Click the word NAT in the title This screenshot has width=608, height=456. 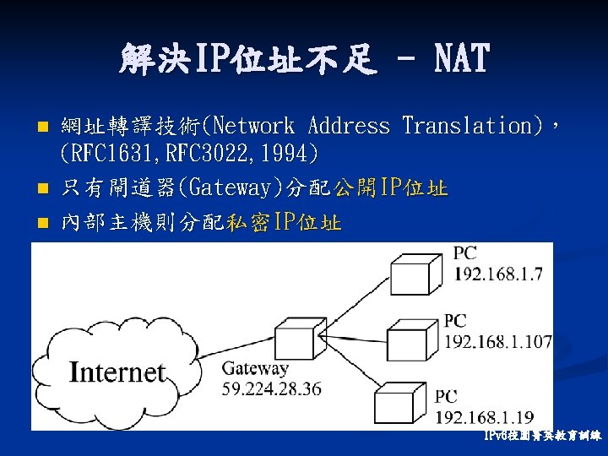point(461,58)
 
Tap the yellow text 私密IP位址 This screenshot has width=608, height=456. point(284,223)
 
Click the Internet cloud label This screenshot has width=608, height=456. point(117,371)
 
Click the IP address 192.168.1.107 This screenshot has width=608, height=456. point(497,342)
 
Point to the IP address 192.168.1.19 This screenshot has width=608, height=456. point(485,416)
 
